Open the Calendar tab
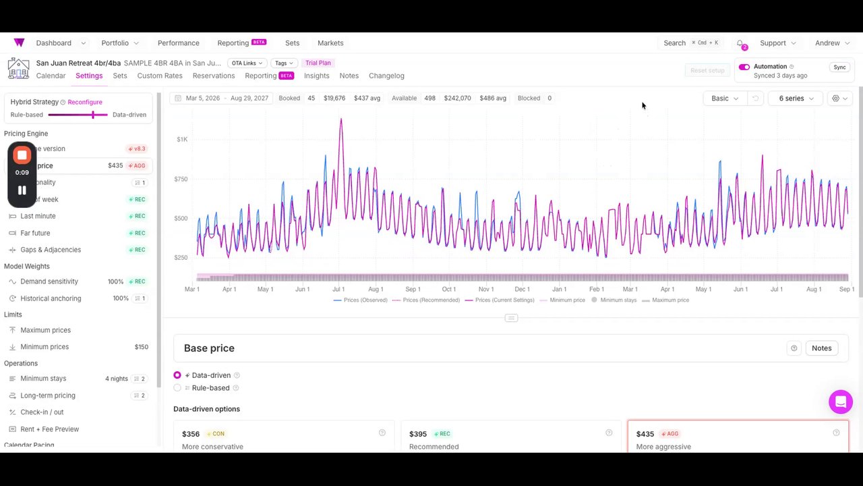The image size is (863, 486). point(51,76)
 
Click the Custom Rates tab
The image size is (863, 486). point(160,76)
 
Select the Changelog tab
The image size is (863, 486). point(386,76)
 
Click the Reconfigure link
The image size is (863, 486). point(85,102)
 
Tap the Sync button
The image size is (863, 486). point(839,67)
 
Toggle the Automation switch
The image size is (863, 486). point(744,67)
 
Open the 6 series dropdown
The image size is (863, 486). point(796,99)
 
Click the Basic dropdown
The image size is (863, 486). point(724,99)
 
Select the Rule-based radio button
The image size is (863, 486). point(177,388)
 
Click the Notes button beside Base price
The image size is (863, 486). point(821,348)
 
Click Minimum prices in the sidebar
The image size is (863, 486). point(44,347)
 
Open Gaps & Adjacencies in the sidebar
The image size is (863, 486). point(51,250)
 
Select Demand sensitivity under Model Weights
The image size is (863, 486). point(49,281)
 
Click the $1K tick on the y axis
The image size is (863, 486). point(182,140)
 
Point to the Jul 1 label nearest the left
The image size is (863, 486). point(338,290)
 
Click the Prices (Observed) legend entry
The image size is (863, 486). point(365,300)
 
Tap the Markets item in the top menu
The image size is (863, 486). point(330,43)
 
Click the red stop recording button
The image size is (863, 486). point(22,155)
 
